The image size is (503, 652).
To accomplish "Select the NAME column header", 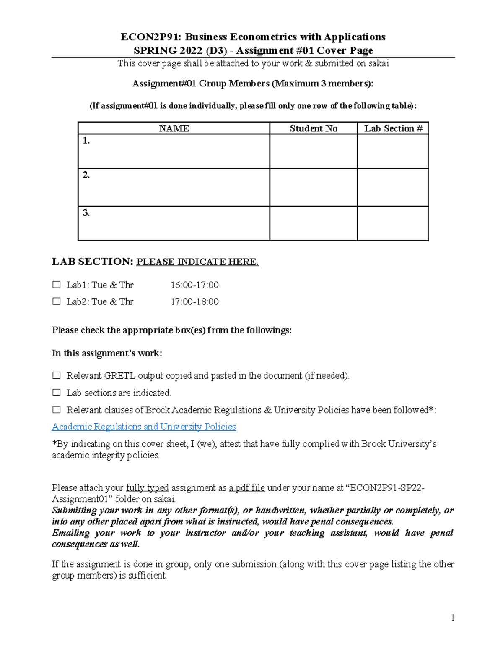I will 174,128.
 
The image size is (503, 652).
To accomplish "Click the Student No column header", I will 313,128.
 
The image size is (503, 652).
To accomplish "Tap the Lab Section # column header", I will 393,128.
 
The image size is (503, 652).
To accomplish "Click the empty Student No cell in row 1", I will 313,151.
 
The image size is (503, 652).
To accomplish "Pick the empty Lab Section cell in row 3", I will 393,223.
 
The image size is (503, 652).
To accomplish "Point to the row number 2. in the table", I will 86,175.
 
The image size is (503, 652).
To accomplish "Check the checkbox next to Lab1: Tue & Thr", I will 57,285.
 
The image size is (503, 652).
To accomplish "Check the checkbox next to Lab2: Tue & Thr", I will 57,301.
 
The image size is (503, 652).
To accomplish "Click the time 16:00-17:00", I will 194,285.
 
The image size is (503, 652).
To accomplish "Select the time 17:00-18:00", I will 194,301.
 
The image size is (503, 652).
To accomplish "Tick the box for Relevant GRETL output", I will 57,375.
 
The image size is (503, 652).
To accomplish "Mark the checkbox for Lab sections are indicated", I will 57,393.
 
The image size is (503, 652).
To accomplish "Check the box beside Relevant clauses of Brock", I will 57,410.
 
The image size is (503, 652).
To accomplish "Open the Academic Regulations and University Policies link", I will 144,427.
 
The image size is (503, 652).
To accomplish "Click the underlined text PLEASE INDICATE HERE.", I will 197,262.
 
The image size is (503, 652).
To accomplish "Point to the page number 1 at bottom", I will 452,617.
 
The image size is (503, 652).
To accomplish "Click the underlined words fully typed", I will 148,488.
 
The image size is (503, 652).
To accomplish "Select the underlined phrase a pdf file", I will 247,488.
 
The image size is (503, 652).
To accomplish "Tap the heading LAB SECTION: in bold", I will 92,262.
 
